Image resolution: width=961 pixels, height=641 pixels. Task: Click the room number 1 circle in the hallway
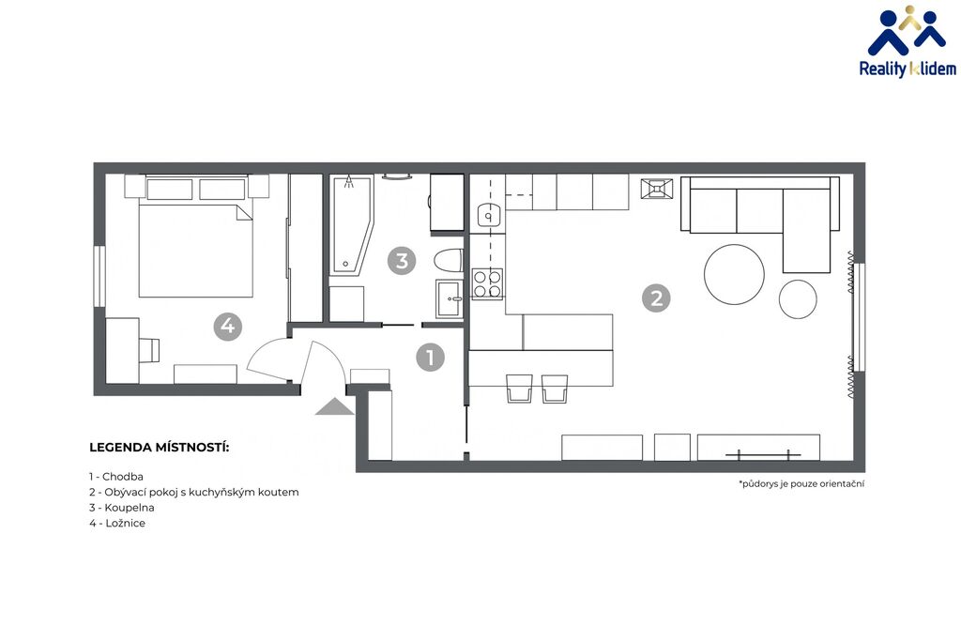[430, 357]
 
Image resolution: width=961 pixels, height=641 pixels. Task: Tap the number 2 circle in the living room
[656, 298]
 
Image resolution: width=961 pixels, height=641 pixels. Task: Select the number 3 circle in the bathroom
[402, 261]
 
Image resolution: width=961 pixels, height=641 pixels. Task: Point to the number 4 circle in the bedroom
[227, 326]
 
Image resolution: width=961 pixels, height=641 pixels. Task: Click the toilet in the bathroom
[448, 260]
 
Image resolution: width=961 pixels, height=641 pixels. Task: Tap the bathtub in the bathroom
[352, 225]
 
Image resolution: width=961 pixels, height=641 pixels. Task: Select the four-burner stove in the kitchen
[487, 283]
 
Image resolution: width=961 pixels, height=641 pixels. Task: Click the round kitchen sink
[489, 216]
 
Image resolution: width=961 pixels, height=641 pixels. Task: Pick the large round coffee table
[734, 274]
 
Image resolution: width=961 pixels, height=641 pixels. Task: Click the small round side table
[798, 299]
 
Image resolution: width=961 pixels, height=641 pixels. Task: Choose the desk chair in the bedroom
[149, 349]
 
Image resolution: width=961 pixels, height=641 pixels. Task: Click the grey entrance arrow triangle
[335, 406]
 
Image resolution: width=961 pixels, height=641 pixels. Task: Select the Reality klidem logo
[908, 41]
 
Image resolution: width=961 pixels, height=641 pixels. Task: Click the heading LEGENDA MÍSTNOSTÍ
[160, 448]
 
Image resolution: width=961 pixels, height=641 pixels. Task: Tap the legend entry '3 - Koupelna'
[121, 508]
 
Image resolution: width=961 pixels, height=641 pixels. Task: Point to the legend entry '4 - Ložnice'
[117, 523]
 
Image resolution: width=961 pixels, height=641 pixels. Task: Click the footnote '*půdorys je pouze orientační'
[801, 483]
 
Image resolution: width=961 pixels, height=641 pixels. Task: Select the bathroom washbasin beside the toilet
[450, 298]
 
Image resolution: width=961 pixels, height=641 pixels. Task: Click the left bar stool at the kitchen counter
[520, 389]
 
